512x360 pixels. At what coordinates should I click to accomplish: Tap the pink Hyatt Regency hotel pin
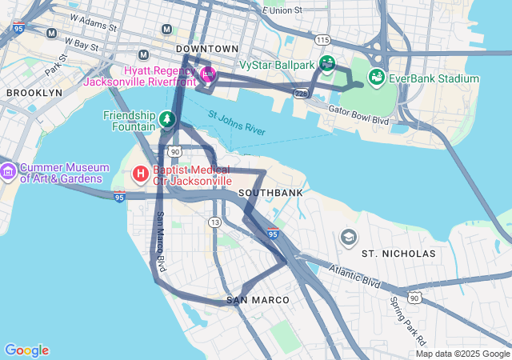pos(208,74)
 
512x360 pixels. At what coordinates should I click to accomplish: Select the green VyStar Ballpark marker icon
pos(326,62)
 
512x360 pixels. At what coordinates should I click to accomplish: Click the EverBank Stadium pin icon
pos(375,78)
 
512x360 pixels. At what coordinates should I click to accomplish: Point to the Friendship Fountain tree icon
pos(166,120)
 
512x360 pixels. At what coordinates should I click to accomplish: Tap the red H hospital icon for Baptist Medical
pos(140,174)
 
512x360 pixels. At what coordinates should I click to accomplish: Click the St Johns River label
pos(237,123)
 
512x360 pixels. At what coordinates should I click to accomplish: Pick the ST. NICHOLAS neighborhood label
pos(398,254)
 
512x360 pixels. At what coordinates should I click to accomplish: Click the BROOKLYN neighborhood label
pos(34,93)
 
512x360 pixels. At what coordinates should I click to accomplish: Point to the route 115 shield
pos(322,39)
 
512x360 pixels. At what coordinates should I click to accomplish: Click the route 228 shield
pos(301,94)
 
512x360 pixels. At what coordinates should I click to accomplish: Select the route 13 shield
pos(214,222)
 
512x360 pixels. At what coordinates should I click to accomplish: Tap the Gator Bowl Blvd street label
pos(358,115)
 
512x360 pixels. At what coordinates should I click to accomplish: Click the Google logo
pos(26,350)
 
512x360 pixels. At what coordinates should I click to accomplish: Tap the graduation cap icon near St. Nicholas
pos(348,237)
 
